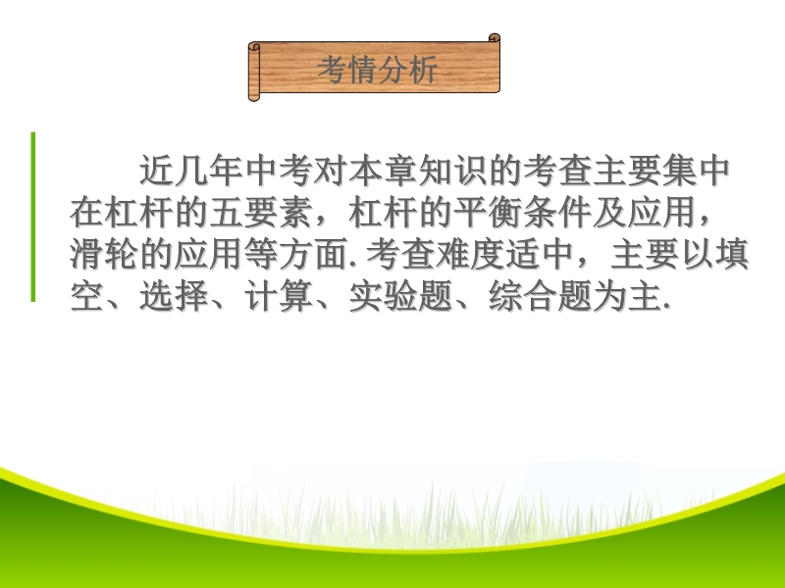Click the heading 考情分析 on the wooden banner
pos(378,69)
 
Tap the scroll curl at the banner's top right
pos(495,38)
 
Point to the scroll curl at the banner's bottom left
pos(254,96)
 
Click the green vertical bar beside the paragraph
pos(33,217)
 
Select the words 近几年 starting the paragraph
pos(191,171)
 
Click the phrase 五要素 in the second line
pos(261,213)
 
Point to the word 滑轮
pos(104,254)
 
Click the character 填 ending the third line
pos(732,254)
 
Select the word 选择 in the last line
pos(174,296)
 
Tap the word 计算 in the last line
pos(279,296)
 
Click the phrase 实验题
pos(400,296)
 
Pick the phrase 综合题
pos(540,296)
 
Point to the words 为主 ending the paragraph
pos(627,296)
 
